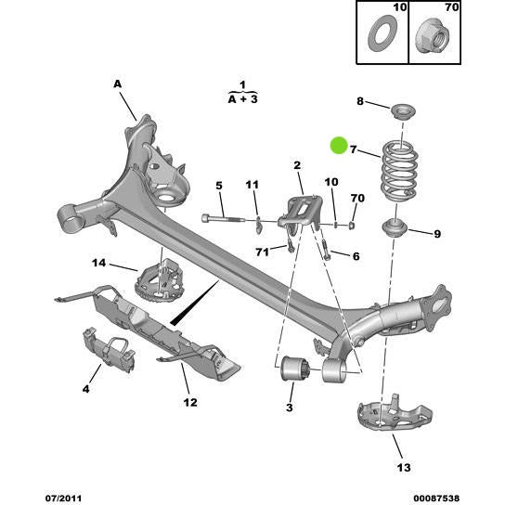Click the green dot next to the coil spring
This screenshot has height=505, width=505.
(339, 145)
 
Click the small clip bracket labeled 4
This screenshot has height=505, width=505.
(105, 344)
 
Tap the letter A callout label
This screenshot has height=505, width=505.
(118, 84)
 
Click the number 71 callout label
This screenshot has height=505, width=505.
(262, 252)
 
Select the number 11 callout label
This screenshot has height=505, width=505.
(252, 185)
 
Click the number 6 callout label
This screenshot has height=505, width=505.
(355, 256)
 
